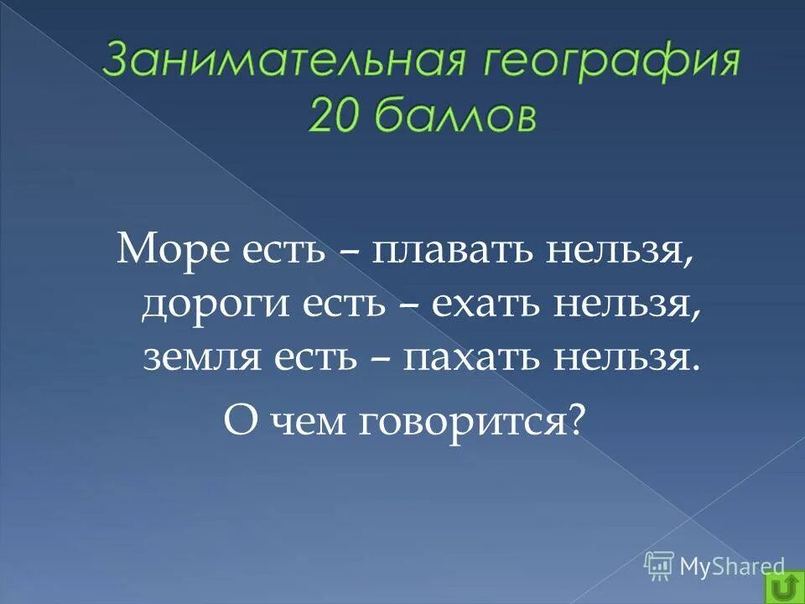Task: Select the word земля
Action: coord(195,358)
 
